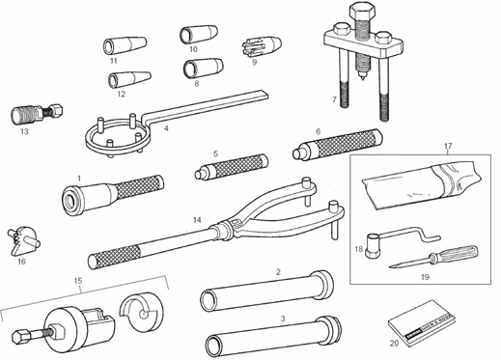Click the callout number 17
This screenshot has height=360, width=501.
point(448,147)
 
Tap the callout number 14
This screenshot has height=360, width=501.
point(197,220)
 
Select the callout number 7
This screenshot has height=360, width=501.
point(334,99)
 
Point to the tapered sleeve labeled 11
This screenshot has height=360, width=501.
point(121,44)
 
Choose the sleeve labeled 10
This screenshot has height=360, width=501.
point(194,36)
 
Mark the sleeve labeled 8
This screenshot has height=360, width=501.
point(200,69)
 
